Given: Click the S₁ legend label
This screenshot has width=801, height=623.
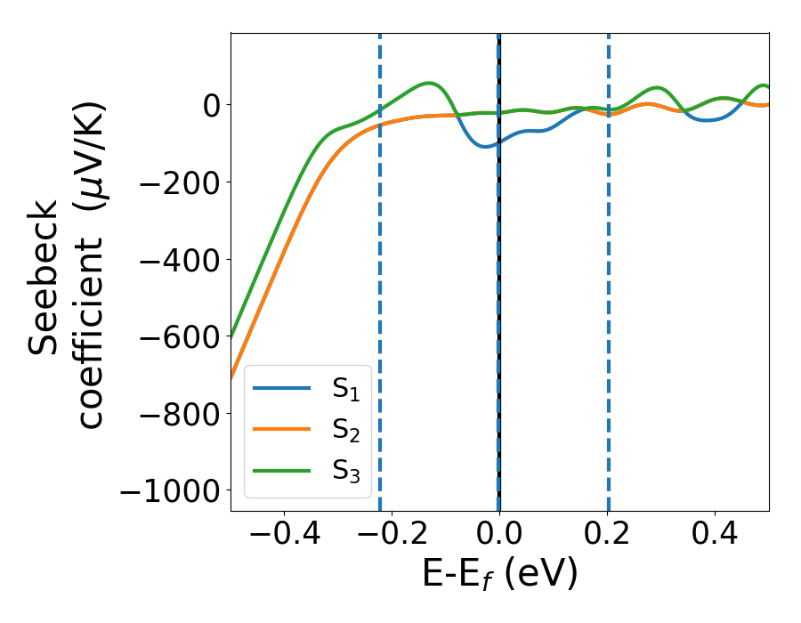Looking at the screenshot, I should [x=346, y=390].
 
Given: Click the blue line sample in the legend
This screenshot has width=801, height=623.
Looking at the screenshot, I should [x=282, y=389].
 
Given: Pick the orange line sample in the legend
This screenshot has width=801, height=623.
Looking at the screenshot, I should [x=282, y=429].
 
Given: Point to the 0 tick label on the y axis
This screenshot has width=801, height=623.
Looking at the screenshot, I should [x=210, y=105].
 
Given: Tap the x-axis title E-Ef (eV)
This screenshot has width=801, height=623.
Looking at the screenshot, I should [x=499, y=575].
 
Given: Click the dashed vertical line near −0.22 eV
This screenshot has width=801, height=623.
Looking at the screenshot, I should [x=380, y=267].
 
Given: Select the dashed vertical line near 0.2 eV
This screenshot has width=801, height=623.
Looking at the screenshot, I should [x=609, y=267].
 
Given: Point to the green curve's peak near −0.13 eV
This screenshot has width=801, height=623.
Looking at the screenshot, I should [x=429, y=84].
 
